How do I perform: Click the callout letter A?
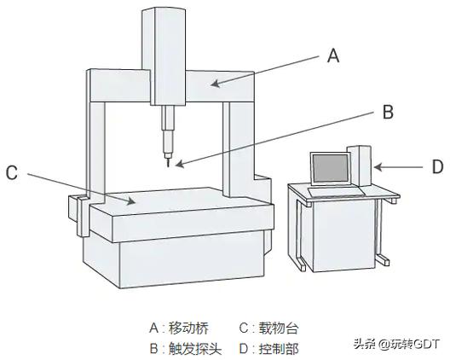click(x=333, y=56)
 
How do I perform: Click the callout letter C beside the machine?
click(x=11, y=172)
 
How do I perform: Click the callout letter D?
click(x=436, y=166)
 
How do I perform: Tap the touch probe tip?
click(x=169, y=162)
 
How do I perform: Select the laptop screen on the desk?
click(x=329, y=169)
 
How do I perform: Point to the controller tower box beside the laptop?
click(x=361, y=165)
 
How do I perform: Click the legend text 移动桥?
click(x=188, y=328)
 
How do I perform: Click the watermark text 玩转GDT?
click(x=414, y=344)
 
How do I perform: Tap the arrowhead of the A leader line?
click(x=213, y=84)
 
